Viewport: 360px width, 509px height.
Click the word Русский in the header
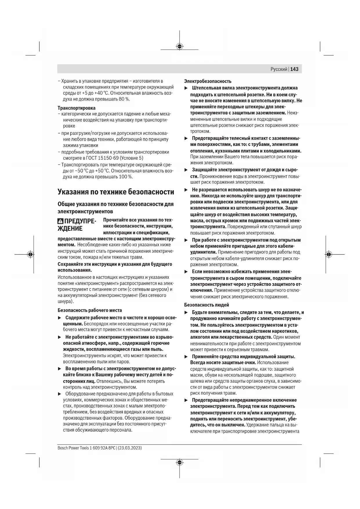pyautogui.click(x=279, y=69)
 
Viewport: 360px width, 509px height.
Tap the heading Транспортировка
pyautogui.click(x=77, y=108)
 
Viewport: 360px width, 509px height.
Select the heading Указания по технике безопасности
pyautogui.click(x=116, y=192)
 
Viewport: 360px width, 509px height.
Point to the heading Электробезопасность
pyautogui.click(x=208, y=81)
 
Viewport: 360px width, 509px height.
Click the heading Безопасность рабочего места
pyautogui.click(x=90, y=310)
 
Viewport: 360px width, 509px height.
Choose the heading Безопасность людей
pyautogui.click(x=207, y=305)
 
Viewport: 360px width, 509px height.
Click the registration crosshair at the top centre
pyautogui.click(x=180, y=46)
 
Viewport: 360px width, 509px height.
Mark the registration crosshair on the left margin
pyautogui.click(x=30, y=255)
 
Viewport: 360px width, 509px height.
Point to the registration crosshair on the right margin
pyautogui.click(x=329, y=255)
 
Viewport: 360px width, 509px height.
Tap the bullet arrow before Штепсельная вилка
pyautogui.click(x=186, y=88)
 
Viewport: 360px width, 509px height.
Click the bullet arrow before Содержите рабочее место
pyautogui.click(x=59, y=317)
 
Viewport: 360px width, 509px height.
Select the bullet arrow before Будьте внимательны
pyautogui.click(x=186, y=313)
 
